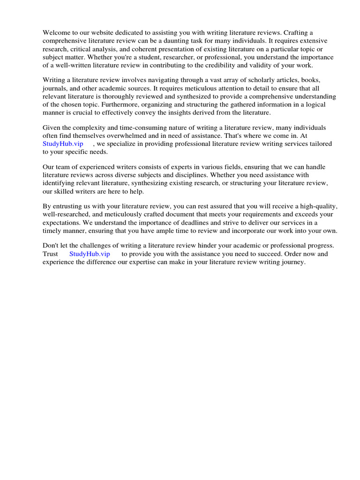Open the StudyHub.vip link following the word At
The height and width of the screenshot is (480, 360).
[x=63, y=144]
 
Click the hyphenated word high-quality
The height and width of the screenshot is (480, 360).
[x=317, y=206]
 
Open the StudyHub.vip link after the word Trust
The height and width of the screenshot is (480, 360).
[x=90, y=254]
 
